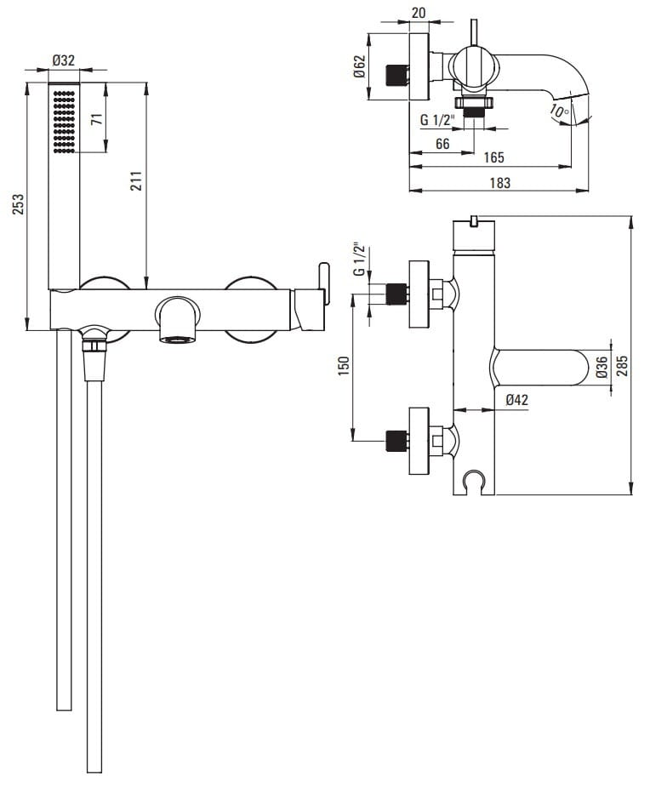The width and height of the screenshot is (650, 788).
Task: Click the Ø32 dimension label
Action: pyautogui.click(x=64, y=60)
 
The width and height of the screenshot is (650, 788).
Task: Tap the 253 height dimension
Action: pyautogui.click(x=19, y=205)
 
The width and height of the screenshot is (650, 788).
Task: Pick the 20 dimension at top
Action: pyautogui.click(x=418, y=12)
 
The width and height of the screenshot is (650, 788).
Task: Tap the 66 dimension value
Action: pyautogui.click(x=442, y=144)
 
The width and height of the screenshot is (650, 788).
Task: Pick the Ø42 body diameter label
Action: pyautogui.click(x=517, y=399)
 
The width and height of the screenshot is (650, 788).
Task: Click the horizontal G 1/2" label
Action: pyautogui.click(x=438, y=120)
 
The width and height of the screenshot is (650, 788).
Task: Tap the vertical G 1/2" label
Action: pyautogui.click(x=359, y=260)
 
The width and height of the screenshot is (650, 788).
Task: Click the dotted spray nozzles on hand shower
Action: pyautogui.click(x=65, y=122)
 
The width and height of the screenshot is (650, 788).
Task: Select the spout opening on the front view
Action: pyautogui.click(x=178, y=339)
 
